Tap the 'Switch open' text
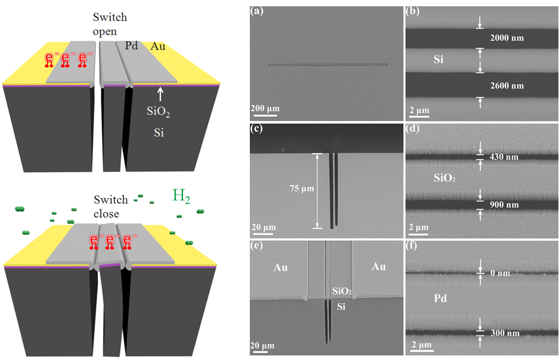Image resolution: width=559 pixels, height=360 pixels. [110, 24]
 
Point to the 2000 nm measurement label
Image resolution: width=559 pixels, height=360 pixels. [507, 38]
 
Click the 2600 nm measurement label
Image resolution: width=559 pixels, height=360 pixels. [507, 86]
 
